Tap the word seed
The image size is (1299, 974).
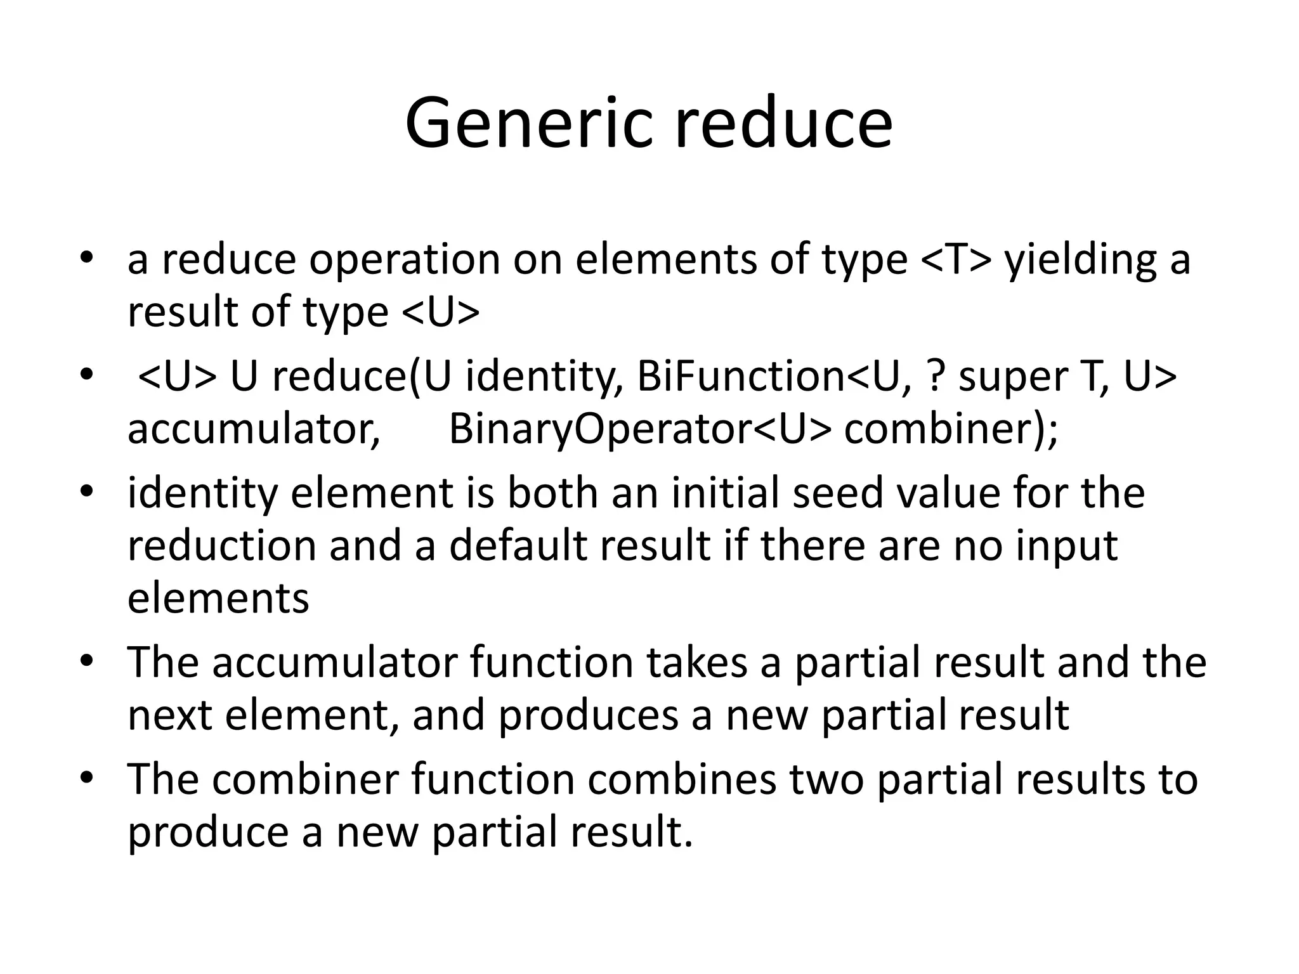point(838,493)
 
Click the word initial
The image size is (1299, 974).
point(726,493)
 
